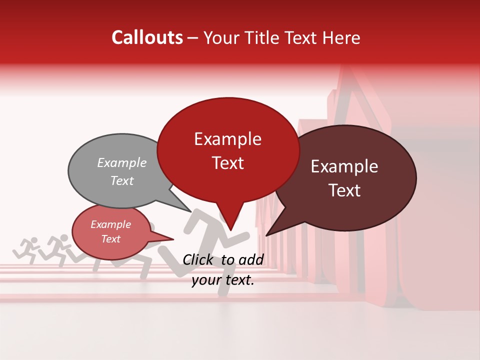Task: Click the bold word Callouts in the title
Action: (147, 37)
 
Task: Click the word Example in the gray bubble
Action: (122, 162)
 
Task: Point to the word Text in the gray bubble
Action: (122, 180)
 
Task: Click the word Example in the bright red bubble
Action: (227, 139)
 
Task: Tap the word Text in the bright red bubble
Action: (227, 163)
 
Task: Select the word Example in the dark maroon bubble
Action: (344, 166)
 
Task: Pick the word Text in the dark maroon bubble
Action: (344, 190)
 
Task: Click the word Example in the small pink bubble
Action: (111, 224)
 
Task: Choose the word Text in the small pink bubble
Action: (111, 239)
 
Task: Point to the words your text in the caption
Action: (223, 280)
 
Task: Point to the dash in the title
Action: (193, 38)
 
